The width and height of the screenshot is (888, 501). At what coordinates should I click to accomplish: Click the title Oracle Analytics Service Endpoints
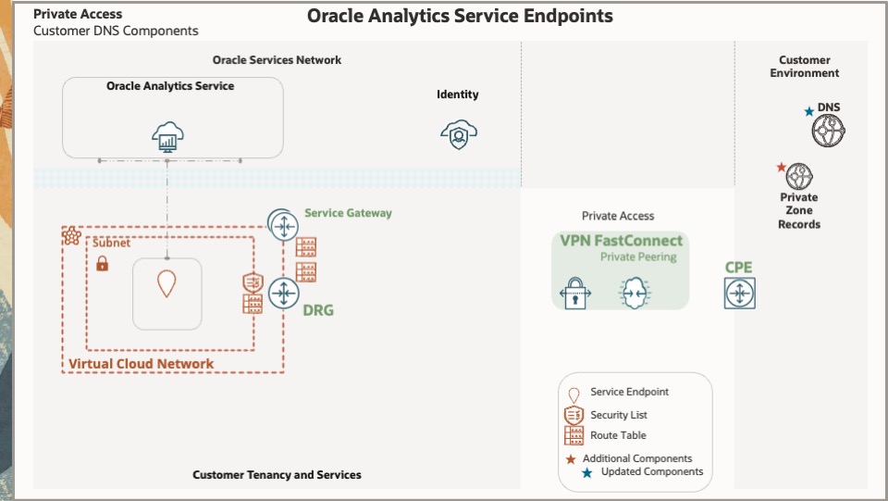(x=460, y=16)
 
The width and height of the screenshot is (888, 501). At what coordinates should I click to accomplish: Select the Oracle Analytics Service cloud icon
(x=168, y=139)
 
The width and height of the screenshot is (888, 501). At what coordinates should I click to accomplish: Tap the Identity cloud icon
(x=458, y=135)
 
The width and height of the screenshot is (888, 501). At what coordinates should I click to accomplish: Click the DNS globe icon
(x=829, y=132)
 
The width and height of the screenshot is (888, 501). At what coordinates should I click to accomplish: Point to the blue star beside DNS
(x=809, y=112)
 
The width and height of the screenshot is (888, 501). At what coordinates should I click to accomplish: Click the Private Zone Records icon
(x=799, y=176)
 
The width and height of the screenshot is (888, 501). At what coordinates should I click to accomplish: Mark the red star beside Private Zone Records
(x=781, y=168)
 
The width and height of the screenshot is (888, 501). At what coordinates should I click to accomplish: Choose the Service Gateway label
(x=348, y=213)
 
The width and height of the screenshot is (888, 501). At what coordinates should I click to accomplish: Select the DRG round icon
(x=282, y=293)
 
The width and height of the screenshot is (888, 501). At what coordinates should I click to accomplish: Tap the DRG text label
(x=318, y=311)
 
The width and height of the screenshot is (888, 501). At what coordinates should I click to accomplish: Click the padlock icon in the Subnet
(x=103, y=264)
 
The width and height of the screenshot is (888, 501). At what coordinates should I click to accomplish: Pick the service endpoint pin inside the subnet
(x=166, y=283)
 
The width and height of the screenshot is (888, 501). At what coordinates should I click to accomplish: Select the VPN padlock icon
(x=575, y=294)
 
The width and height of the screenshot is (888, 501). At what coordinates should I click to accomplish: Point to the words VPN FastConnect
(x=621, y=241)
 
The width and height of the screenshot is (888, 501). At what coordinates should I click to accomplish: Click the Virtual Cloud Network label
(x=141, y=364)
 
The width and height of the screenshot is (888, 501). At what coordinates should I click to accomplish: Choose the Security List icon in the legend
(x=573, y=415)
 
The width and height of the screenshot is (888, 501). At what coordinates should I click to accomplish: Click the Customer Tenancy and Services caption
(x=277, y=475)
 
